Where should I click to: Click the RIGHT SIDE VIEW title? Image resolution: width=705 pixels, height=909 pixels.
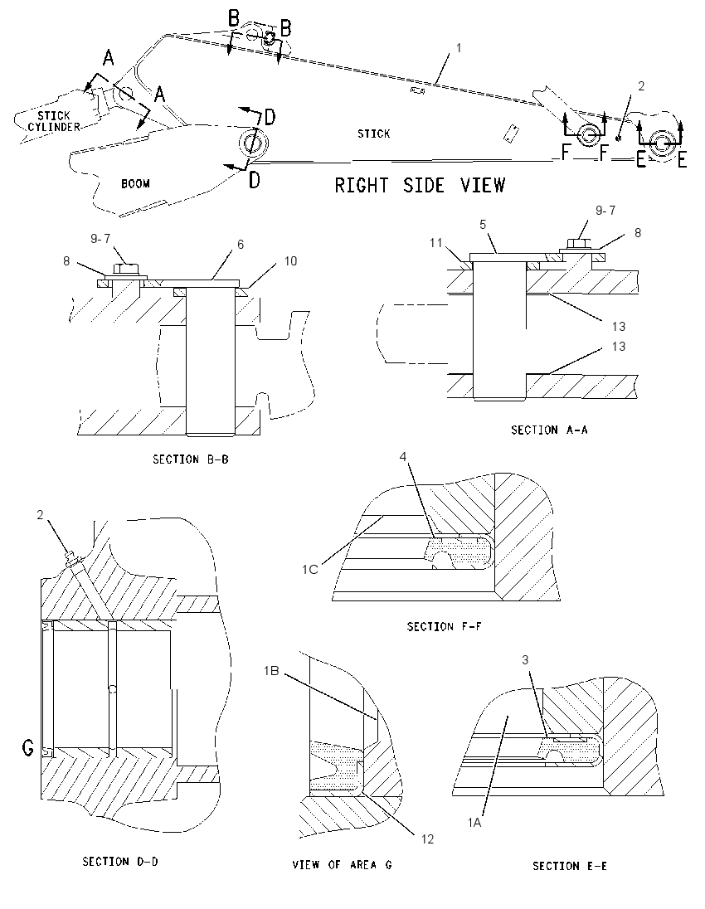pos(420,186)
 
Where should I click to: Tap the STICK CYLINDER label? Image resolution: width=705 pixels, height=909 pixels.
pos(54,121)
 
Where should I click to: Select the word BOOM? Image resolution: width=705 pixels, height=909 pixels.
pos(135,184)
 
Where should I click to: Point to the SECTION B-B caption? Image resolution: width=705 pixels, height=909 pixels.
pos(190,459)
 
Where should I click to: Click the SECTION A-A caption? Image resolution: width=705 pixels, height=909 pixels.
pos(549,430)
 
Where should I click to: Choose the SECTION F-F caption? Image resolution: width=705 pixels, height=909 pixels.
pos(444,626)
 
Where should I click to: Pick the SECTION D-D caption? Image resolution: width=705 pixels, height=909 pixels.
pos(120,862)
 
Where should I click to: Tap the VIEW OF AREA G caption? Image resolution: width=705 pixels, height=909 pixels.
pos(342,864)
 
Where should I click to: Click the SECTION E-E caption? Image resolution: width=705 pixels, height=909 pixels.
pos(569,866)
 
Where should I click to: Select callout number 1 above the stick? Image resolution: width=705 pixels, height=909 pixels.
pos(459,47)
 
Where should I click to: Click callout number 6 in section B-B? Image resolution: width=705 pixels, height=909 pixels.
pos(241,245)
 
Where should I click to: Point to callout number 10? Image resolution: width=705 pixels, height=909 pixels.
pos(290,261)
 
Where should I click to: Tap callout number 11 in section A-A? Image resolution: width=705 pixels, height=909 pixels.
pos(436,243)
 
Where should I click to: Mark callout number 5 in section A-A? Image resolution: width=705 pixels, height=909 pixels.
pos(483,225)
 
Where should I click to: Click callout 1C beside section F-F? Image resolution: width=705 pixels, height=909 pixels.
pos(309,569)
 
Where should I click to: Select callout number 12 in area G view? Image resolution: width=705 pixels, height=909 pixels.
pos(427,839)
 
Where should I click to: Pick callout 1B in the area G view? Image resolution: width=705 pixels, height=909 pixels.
pos(271,671)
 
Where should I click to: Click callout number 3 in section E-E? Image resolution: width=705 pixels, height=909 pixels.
pos(525,659)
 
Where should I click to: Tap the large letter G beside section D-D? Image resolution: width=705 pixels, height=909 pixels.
pos(28,748)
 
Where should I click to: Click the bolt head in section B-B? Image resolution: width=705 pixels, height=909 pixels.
pos(125,269)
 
